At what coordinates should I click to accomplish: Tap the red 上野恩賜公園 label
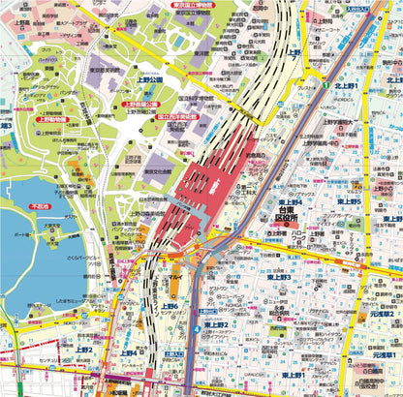pyautogui.click(x=144, y=103)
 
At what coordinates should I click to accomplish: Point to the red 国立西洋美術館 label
pyautogui.click(x=177, y=116)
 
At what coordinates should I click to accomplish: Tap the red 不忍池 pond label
pyautogui.click(x=40, y=206)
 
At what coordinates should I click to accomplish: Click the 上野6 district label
pyautogui.click(x=170, y=307)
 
